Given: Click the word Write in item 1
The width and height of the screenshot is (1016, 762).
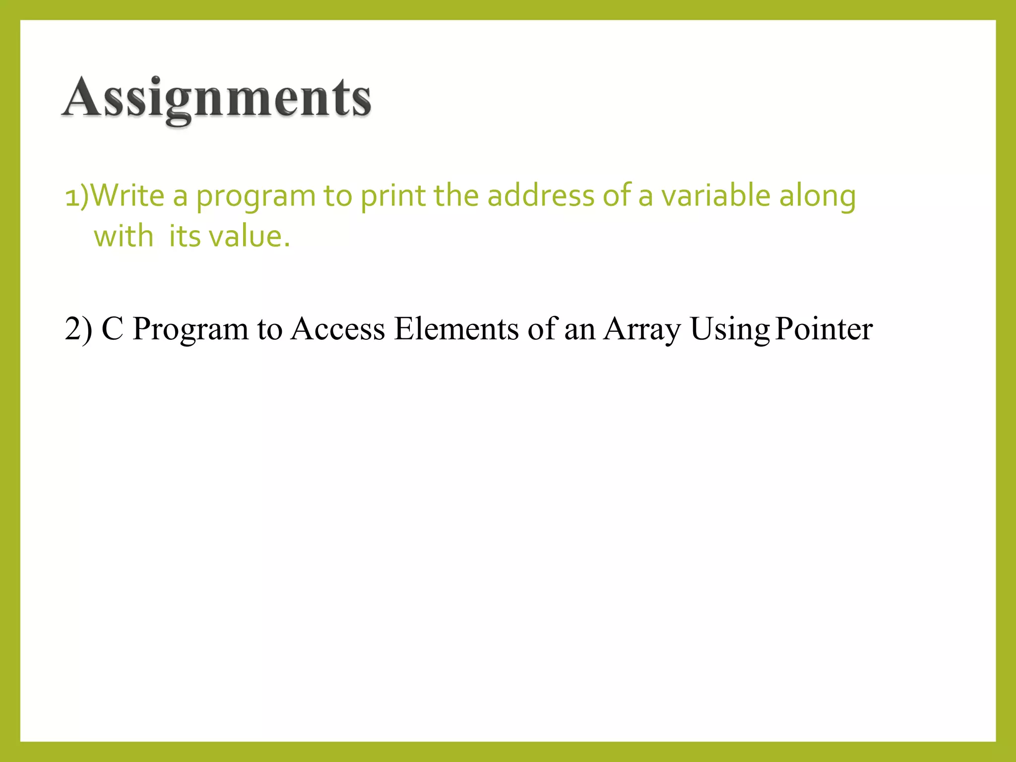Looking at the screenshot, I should click(x=128, y=195).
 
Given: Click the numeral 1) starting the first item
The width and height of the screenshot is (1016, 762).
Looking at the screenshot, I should click(x=76, y=195).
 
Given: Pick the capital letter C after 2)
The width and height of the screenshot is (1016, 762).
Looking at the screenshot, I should click(x=112, y=329).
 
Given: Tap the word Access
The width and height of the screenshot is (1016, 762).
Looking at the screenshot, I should click(x=337, y=329).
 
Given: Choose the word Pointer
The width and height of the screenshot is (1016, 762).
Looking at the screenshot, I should click(x=824, y=329).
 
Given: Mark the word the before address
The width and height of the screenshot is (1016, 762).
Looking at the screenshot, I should click(x=456, y=195).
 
